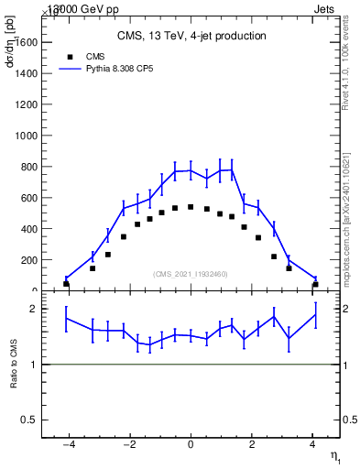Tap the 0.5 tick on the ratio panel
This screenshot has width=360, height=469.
(29, 420)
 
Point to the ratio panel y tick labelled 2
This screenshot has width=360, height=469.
(33, 309)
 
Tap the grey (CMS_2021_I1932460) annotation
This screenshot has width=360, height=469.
(191, 274)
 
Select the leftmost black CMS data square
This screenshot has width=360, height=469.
(66, 284)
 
